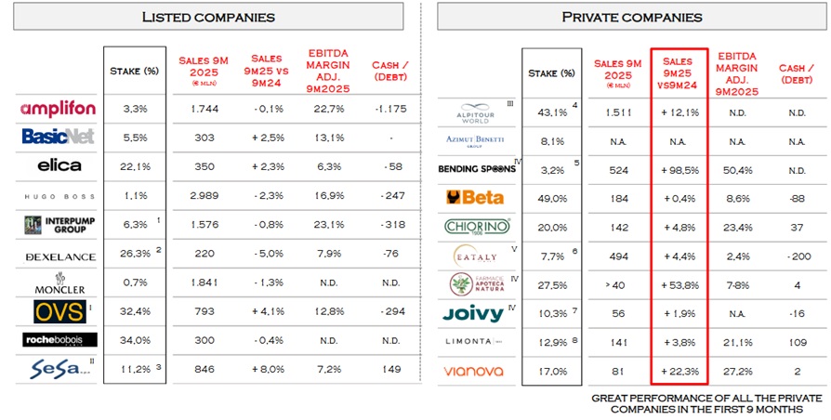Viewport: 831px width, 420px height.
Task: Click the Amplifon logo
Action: [57, 110]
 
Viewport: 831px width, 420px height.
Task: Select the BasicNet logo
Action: [57, 137]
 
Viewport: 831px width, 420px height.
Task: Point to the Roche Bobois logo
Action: [57, 340]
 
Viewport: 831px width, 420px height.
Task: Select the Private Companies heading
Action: [632, 17]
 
